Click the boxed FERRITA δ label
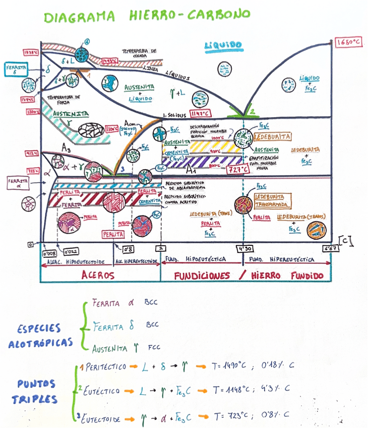pyautogui.click(x=18, y=69)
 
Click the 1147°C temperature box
pyautogui.click(x=201, y=113)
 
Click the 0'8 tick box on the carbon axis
pyautogui.click(x=129, y=248)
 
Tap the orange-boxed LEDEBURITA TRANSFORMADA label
pyautogui.click(x=273, y=200)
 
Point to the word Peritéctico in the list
pyautogui.click(x=105, y=366)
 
